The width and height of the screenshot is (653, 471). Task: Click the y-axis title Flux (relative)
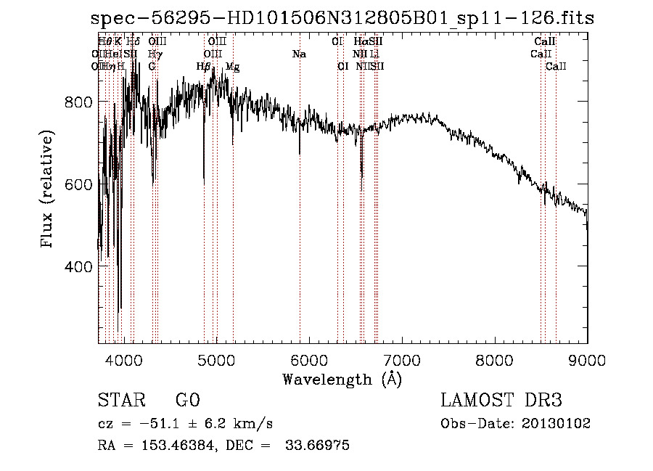point(49,191)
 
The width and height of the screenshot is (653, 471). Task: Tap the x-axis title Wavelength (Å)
point(342,379)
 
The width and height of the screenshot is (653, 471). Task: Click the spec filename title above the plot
point(342,18)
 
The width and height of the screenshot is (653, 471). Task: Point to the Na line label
point(299,54)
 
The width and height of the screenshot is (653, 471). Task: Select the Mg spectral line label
point(233,67)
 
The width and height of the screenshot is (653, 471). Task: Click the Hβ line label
point(204,67)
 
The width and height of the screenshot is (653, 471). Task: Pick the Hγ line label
point(155,54)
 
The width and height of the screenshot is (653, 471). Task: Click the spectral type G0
point(187,401)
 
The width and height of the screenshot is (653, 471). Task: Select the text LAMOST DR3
point(501,401)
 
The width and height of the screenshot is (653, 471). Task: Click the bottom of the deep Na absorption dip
point(300,154)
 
